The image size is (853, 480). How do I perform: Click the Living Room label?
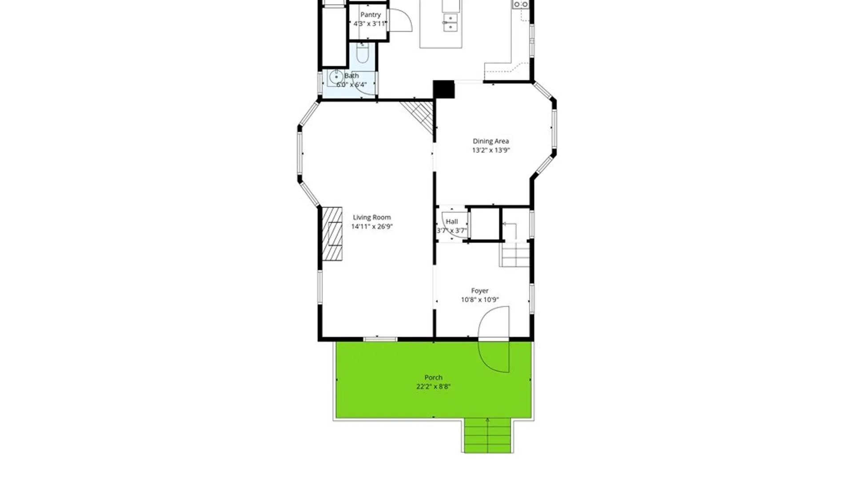click(372, 217)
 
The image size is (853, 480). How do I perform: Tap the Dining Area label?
click(490, 141)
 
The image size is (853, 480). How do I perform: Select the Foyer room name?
click(480, 291)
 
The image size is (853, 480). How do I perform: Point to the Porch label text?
click(433, 377)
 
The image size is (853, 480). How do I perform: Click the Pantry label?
click(371, 15)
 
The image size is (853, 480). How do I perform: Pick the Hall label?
click(452, 221)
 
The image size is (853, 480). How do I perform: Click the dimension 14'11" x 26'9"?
click(372, 227)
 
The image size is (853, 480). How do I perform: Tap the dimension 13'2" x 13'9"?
click(490, 150)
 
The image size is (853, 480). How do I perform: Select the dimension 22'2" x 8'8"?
click(433, 387)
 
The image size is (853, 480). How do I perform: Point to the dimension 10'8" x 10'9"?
click(480, 300)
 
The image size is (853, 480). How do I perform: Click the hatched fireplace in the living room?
click(332, 233)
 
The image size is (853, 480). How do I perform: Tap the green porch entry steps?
click(488, 435)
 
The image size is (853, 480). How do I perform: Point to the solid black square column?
click(444, 89)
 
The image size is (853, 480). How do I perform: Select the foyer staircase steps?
click(515, 255)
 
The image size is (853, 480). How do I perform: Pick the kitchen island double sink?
click(450, 23)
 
